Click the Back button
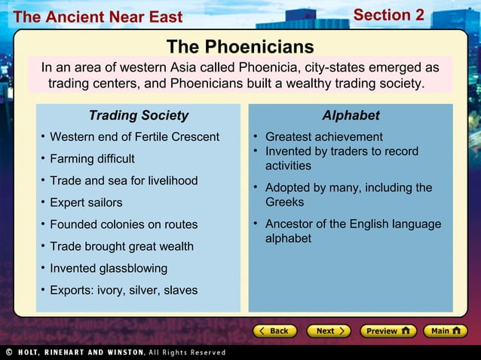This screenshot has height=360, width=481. [x=273, y=331]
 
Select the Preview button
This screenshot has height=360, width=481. [x=388, y=331]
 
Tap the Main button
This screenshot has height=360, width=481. [x=444, y=331]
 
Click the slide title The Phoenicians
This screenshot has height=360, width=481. [x=240, y=46]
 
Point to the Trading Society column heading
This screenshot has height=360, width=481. [x=138, y=115]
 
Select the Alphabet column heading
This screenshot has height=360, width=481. [x=351, y=115]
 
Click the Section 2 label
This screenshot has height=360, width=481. [x=389, y=15]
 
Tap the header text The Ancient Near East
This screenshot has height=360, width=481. [x=97, y=17]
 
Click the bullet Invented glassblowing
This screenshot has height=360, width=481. [x=109, y=268]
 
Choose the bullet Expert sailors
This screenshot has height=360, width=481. [x=85, y=203]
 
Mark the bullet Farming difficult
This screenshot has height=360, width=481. [x=92, y=159]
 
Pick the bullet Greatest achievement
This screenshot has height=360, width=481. [x=323, y=137]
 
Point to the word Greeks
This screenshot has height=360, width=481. [x=285, y=202]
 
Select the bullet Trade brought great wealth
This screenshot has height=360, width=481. [x=121, y=246]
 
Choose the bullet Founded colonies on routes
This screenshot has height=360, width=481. [x=124, y=224]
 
